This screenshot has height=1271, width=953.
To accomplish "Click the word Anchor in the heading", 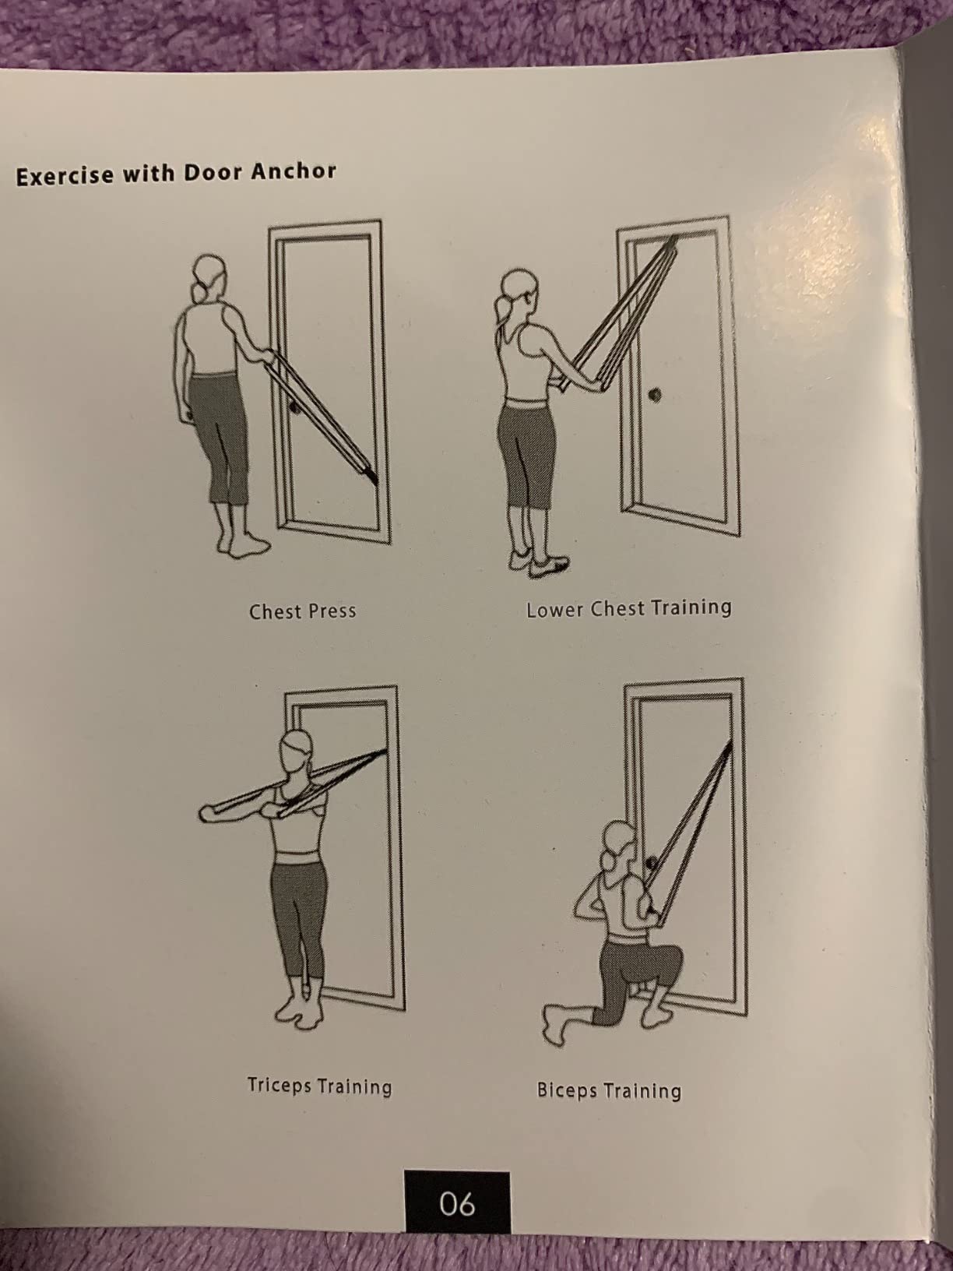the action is tap(293, 171).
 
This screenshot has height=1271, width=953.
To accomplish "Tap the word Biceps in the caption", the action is tap(567, 1090).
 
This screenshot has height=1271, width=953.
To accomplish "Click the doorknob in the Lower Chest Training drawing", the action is tap(655, 396).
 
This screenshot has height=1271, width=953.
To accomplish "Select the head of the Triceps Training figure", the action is tap(297, 751).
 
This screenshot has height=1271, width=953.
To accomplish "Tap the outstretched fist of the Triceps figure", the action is tap(206, 813).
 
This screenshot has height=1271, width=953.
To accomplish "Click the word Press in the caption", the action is tap(332, 611).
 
